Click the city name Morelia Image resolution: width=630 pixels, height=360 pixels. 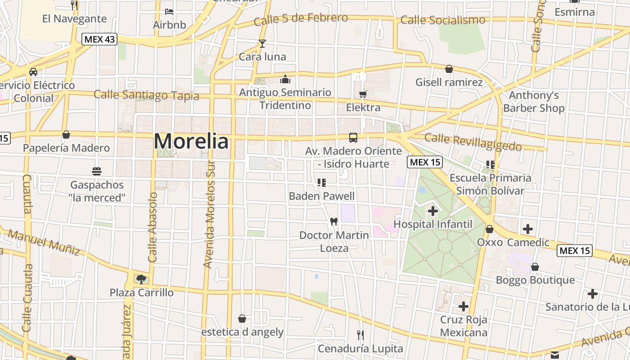click(191, 141)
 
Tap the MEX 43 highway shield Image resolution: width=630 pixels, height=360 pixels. click(99, 39)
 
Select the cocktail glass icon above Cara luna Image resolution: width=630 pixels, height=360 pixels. click(262, 44)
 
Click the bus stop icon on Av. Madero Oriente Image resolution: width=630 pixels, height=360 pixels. click(353, 137)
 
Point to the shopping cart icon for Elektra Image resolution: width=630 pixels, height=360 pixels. click(363, 94)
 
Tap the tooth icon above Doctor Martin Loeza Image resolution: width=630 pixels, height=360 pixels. click(334, 221)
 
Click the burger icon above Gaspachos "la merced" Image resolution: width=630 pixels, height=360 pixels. click(97, 171)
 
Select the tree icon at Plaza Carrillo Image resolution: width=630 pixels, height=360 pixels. click(141, 279)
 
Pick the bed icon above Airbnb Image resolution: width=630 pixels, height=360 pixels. click(169, 11)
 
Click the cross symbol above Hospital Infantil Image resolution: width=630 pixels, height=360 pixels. click(433, 211)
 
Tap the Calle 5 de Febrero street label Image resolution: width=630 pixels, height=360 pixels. click(301, 19)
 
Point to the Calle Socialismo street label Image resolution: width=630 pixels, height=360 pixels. click(443, 20)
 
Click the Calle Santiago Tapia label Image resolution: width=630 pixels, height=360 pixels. click(146, 95)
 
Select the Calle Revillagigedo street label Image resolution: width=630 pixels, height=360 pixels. click(473, 142)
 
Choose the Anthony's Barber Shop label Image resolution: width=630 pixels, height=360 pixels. click(534, 102)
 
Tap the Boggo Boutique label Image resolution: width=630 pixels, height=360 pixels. click(535, 280)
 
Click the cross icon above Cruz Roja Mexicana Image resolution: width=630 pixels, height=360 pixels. click(463, 307)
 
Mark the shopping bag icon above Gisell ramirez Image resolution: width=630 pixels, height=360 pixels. click(449, 69)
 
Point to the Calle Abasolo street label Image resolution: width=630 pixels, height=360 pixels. click(153, 227)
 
